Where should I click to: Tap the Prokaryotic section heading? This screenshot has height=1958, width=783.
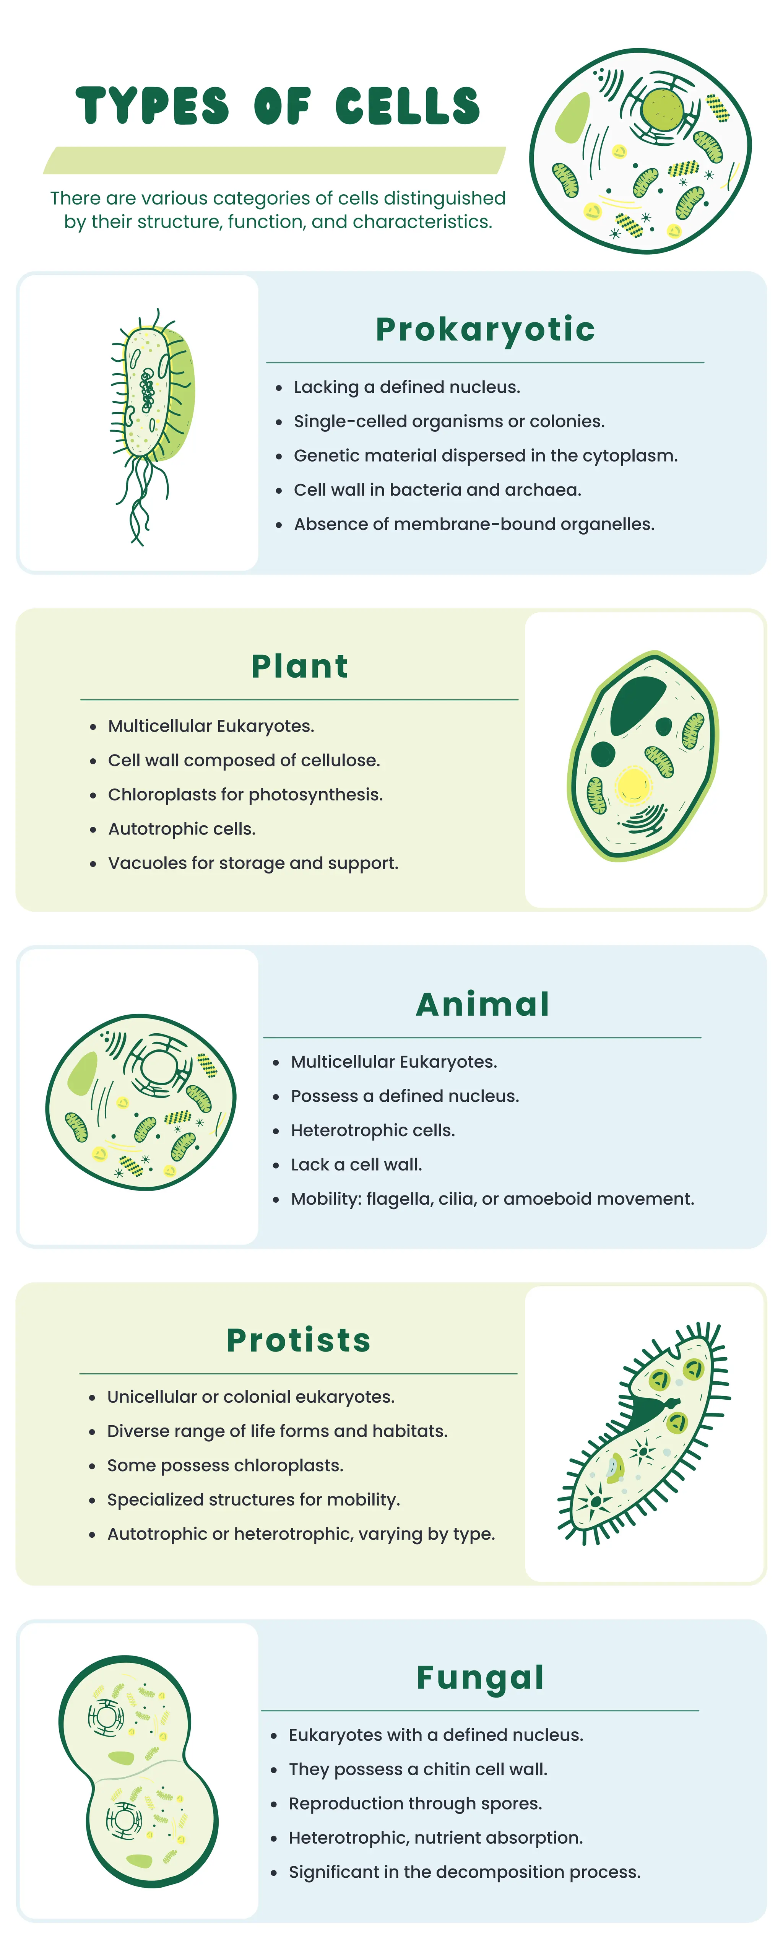coord(485,329)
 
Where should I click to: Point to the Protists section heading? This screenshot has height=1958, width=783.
coord(299,1340)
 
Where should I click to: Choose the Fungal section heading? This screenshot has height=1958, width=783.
coord(481,1677)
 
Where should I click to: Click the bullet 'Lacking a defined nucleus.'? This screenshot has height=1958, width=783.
coord(407,387)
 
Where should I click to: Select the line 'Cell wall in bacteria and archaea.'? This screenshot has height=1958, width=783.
coord(437,489)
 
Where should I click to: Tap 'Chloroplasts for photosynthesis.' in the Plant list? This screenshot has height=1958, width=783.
coord(245,794)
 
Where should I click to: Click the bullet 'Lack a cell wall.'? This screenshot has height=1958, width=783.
coord(356,1164)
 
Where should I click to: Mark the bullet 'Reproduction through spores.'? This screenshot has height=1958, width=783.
coord(415,1803)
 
